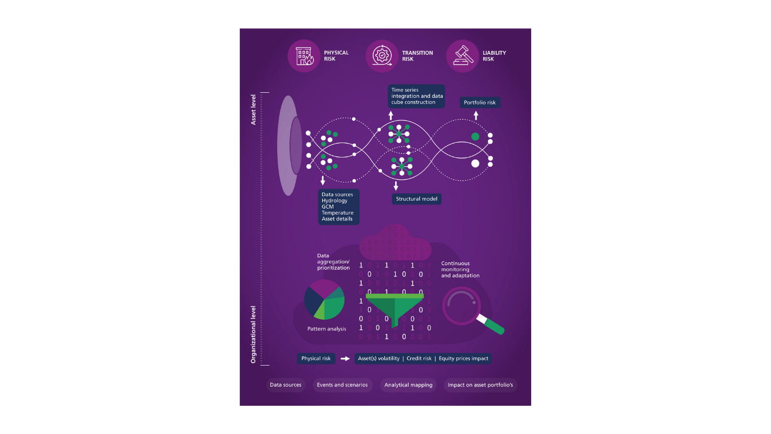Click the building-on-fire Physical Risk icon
[x=304, y=56]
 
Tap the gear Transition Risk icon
[x=382, y=56]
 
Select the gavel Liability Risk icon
[x=463, y=56]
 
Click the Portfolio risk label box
[x=480, y=102]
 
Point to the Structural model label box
[x=417, y=199]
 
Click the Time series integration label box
[x=416, y=96]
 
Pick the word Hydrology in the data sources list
[x=335, y=201]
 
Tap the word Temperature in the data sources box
[x=338, y=212]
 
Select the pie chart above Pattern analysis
[x=324, y=300]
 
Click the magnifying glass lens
[x=461, y=306]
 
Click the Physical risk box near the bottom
[x=316, y=358]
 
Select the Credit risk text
[x=419, y=358]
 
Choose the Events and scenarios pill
[x=342, y=385]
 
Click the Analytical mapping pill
[x=408, y=385]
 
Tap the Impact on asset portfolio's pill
[x=480, y=385]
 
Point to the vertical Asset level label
[x=253, y=110]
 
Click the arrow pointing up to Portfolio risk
[x=476, y=115]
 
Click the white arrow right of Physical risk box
[x=345, y=358]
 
